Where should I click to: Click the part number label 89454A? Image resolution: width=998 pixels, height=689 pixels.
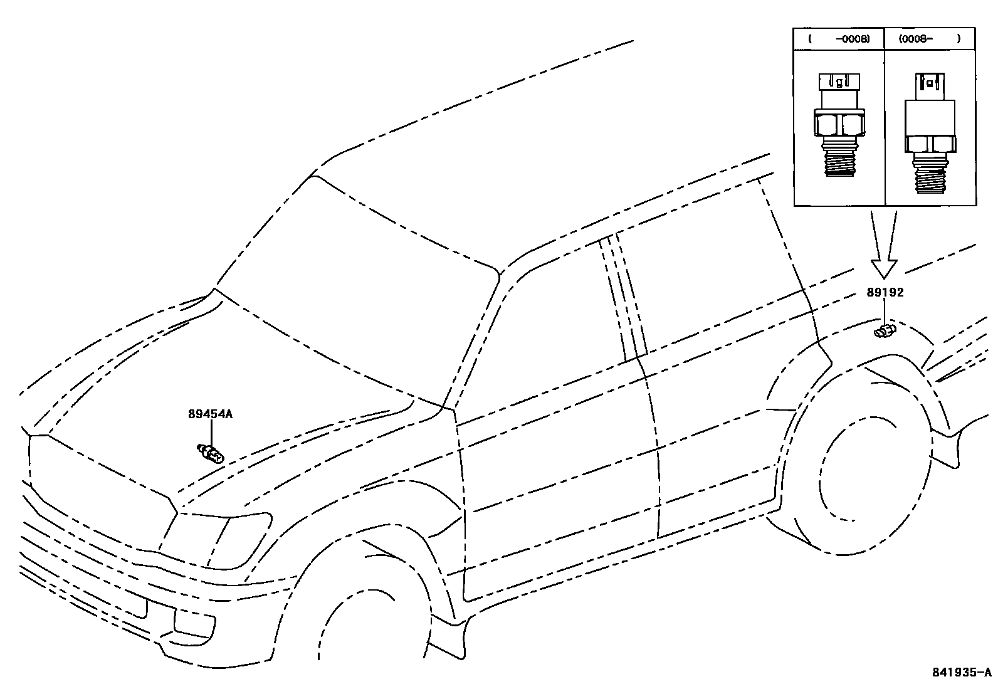[210, 414]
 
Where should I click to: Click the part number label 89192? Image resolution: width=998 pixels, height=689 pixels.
[885, 292]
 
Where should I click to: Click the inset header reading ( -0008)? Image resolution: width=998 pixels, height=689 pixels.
[839, 39]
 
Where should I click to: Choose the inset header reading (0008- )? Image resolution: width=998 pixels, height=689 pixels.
[930, 39]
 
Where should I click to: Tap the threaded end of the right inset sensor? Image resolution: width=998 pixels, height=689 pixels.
[930, 176]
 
